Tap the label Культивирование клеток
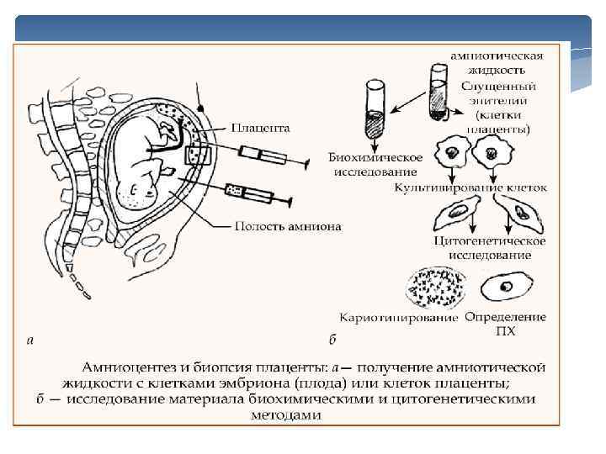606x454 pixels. click(470, 187)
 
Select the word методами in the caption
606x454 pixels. click(285, 414)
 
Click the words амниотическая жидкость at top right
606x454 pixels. click(497, 62)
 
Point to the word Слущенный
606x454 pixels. click(499, 87)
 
